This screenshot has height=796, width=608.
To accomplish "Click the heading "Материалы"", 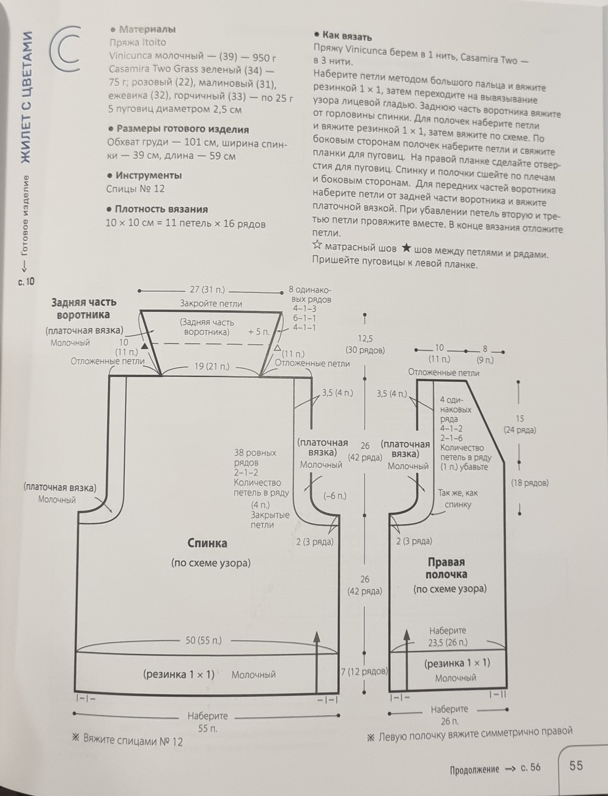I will (x=147, y=29).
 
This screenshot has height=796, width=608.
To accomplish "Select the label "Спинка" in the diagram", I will (x=207, y=543).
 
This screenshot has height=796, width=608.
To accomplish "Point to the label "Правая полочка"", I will (x=446, y=568).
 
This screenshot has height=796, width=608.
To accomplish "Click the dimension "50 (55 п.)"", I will (x=204, y=641).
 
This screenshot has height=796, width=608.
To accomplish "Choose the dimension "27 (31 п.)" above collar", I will (x=207, y=290).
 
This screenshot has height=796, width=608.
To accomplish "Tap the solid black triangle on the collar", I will (x=144, y=346).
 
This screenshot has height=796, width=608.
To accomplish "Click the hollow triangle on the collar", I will (x=277, y=348).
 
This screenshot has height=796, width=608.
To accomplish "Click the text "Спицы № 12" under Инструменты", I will (x=135, y=189).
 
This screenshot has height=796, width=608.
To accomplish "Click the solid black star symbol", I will (x=406, y=249).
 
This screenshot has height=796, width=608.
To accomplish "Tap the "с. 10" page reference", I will (x=26, y=282).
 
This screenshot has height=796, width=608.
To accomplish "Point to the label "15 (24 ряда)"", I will (x=520, y=424).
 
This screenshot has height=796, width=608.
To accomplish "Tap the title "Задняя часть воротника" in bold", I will (x=84, y=308).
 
